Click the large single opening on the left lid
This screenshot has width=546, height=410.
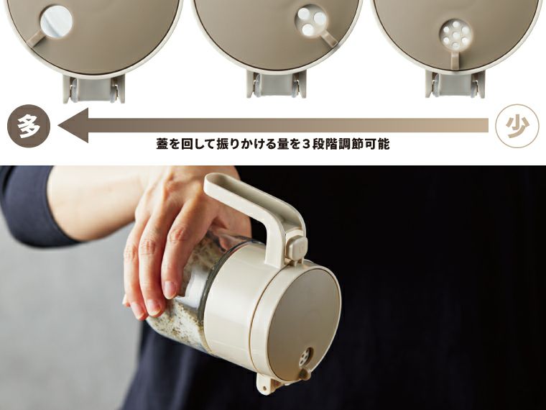pyautogui.click(x=56, y=21)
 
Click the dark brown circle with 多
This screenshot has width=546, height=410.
pyautogui.click(x=29, y=127)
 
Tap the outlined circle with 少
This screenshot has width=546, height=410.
pyautogui.click(x=517, y=127)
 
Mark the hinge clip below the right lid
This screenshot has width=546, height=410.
pyautogui.click(x=454, y=83)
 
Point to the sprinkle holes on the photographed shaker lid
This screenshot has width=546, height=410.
pyautogui.click(x=305, y=357)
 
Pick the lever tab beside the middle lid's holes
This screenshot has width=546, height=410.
pyautogui.click(x=331, y=35)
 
